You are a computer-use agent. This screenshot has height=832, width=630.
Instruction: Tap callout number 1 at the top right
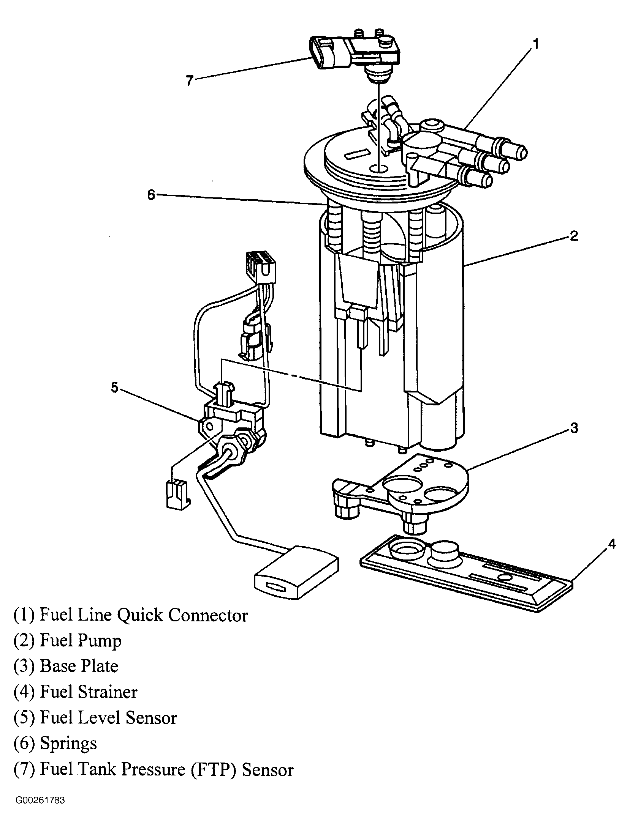(x=535, y=45)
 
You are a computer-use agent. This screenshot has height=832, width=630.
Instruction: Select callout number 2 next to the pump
(x=573, y=236)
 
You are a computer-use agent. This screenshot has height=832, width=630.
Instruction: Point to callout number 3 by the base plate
(x=574, y=428)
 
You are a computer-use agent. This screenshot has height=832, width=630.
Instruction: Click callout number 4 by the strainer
(x=611, y=544)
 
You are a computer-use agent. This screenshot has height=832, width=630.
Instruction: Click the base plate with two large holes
(x=400, y=490)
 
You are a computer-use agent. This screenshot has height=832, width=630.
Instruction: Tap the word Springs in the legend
(x=68, y=744)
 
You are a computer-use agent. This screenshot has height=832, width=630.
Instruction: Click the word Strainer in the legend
(x=107, y=692)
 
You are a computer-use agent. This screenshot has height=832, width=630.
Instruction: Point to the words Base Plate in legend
(x=79, y=667)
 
